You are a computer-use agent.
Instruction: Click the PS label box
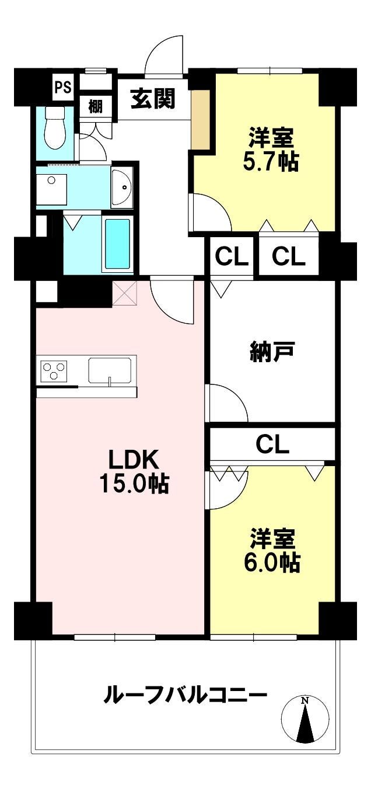point(63,86)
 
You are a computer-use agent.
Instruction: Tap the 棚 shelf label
point(95,106)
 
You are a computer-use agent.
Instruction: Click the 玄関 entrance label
point(152,99)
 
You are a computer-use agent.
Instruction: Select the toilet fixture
point(55,129)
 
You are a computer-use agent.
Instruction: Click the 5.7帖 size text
point(271,162)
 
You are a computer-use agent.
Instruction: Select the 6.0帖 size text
point(272,563)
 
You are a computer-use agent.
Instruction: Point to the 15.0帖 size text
point(134,483)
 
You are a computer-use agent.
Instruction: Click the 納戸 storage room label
point(272,352)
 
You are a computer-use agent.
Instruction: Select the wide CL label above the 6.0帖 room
point(272,445)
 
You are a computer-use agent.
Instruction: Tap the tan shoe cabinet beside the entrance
point(201,119)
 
